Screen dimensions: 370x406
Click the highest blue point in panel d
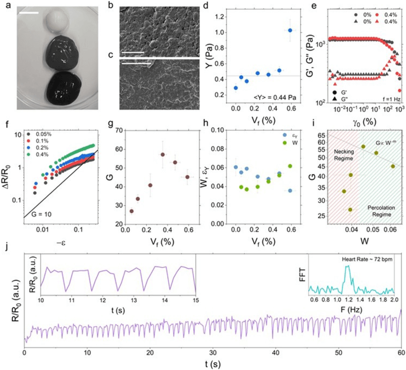click(x=290, y=30)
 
